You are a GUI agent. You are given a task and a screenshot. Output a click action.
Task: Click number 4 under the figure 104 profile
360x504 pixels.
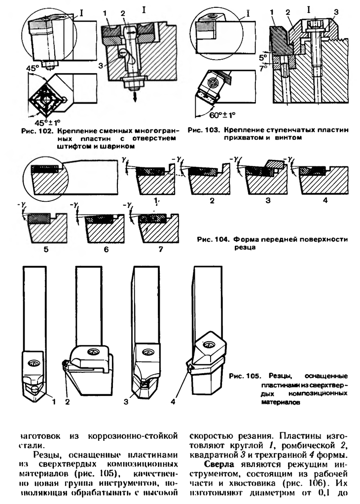[x=324, y=201]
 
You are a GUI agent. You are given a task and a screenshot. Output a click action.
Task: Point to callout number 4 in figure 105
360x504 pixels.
[x=173, y=402]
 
